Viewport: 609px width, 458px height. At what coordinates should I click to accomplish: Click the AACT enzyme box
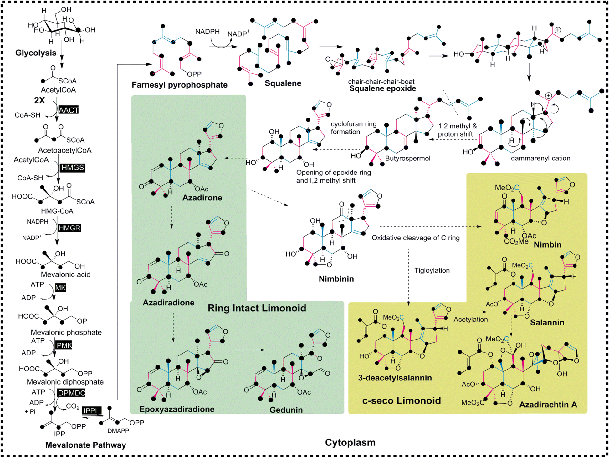[x=68, y=110]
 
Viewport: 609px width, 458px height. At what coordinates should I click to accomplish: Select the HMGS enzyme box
[x=73, y=168]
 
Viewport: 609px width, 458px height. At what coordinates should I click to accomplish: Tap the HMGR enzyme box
[x=69, y=228]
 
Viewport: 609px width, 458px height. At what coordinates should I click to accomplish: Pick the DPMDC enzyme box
[x=71, y=393]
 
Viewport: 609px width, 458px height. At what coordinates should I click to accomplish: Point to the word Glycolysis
[x=36, y=53]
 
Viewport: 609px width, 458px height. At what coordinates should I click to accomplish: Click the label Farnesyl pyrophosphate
[x=179, y=85]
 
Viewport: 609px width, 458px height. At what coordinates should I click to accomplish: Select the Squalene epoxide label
[x=382, y=88]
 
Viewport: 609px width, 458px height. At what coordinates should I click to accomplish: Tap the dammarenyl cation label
[x=540, y=158]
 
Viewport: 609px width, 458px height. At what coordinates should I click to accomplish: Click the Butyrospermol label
[x=407, y=158]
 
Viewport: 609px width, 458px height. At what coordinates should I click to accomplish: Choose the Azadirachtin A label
[x=548, y=405]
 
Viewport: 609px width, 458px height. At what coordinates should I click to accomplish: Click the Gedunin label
[x=286, y=410]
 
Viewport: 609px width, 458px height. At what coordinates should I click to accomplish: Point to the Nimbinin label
[x=336, y=279]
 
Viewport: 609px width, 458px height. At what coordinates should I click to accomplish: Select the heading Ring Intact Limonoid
[x=257, y=308]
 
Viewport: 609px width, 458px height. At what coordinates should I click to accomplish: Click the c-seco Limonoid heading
[x=401, y=400]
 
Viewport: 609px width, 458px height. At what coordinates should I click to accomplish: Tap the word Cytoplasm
[x=350, y=442]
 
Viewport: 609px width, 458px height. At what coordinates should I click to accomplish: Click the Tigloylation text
[x=432, y=270]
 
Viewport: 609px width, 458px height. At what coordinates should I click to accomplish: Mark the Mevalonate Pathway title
[x=85, y=445]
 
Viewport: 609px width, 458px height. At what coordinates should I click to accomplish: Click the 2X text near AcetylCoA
[x=39, y=100]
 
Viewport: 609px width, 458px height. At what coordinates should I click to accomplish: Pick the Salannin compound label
[x=547, y=322]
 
